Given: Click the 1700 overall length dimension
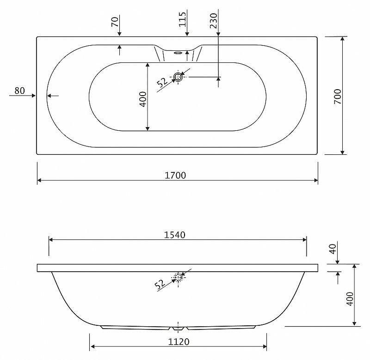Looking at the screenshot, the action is [x=175, y=176].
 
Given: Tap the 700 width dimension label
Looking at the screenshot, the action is [x=338, y=97].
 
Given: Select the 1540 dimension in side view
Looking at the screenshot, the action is [x=175, y=235].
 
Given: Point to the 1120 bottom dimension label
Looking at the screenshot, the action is [x=179, y=342].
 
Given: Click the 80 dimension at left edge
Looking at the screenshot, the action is [x=19, y=91].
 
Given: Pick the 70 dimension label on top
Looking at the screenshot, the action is [x=115, y=22].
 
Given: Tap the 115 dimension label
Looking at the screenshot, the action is [x=182, y=19].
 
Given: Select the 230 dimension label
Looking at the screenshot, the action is [x=214, y=21].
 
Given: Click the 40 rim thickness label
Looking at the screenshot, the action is [x=333, y=249].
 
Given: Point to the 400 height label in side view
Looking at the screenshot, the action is [x=350, y=299].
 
